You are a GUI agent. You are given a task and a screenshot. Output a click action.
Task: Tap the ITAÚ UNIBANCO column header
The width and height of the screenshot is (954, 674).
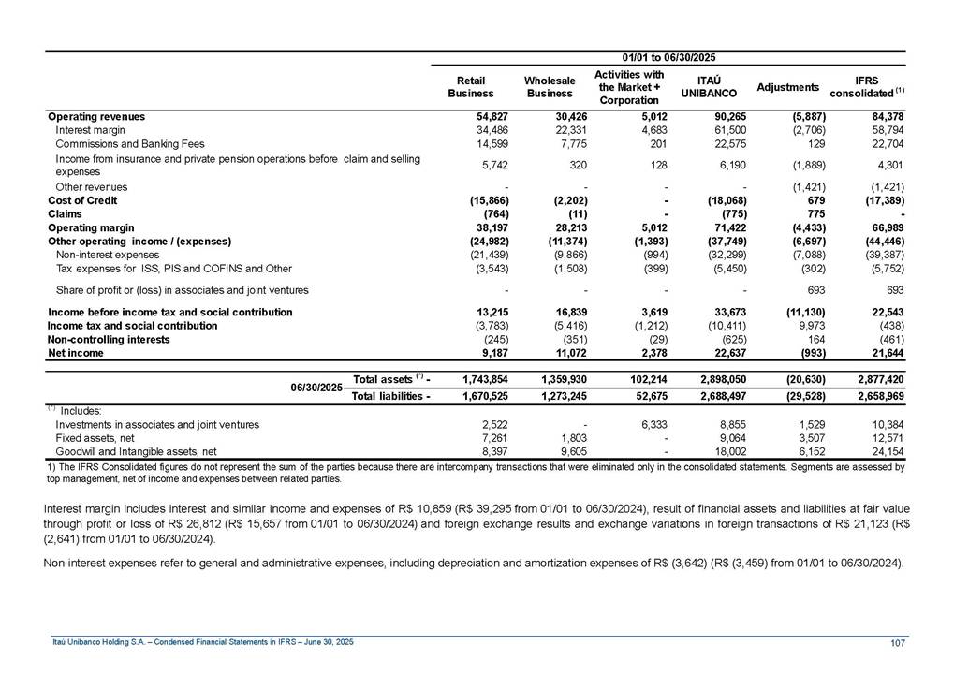[707, 87]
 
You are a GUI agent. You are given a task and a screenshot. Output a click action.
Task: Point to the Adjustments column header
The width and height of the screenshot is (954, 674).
[787, 87]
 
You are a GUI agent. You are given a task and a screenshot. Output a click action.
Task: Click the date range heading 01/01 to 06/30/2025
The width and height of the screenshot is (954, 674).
[669, 58]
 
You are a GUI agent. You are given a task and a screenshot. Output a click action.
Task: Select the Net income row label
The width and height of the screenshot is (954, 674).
[76, 354]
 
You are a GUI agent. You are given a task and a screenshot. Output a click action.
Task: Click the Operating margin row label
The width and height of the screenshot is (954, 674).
[91, 227]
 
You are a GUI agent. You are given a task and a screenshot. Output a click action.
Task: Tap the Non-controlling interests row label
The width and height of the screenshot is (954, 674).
[109, 340]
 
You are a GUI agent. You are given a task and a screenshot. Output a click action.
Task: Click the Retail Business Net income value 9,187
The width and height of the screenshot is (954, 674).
[477, 354]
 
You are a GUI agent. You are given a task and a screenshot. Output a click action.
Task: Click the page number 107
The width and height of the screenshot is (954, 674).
[896, 642]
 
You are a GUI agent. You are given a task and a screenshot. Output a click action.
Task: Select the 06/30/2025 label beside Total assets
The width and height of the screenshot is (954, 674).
[316, 388]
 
